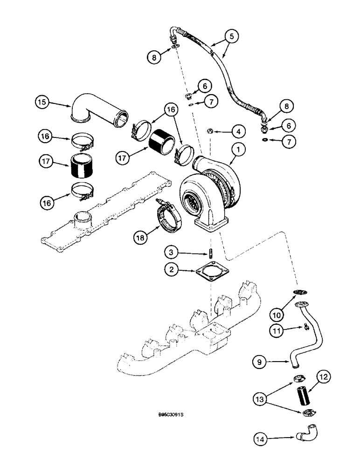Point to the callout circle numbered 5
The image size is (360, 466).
pyautogui.click(x=232, y=36)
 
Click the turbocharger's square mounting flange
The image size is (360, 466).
pyautogui.click(x=212, y=226)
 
